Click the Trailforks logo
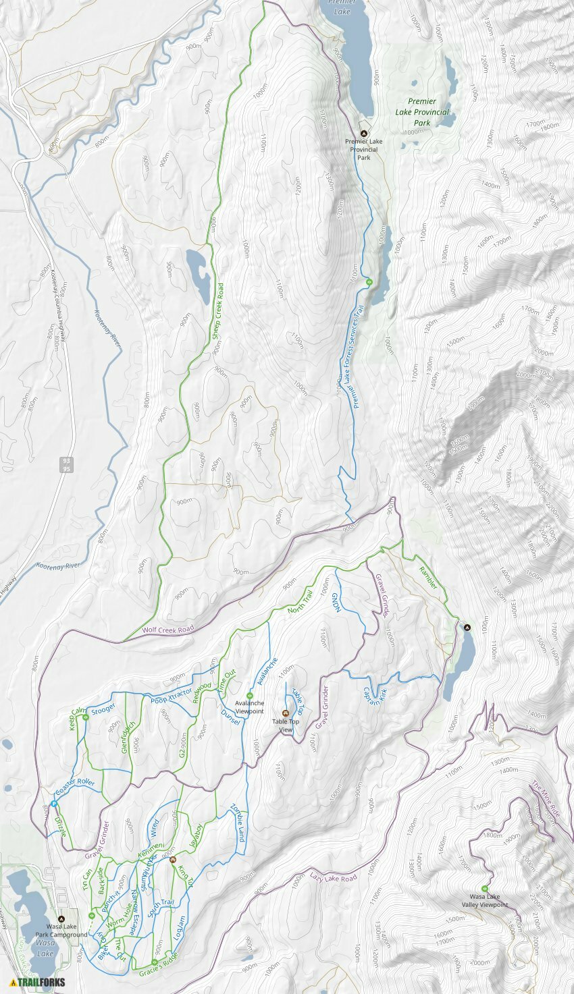(38, 982)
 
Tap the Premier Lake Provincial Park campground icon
(364, 133)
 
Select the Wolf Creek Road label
(167, 629)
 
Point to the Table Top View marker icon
(285, 713)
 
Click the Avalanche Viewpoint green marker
(249, 696)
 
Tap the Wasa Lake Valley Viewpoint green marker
(484, 888)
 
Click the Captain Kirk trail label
(375, 696)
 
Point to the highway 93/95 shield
(66, 464)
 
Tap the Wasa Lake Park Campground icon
(61, 918)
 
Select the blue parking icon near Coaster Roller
(53, 804)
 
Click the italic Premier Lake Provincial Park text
(422, 112)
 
